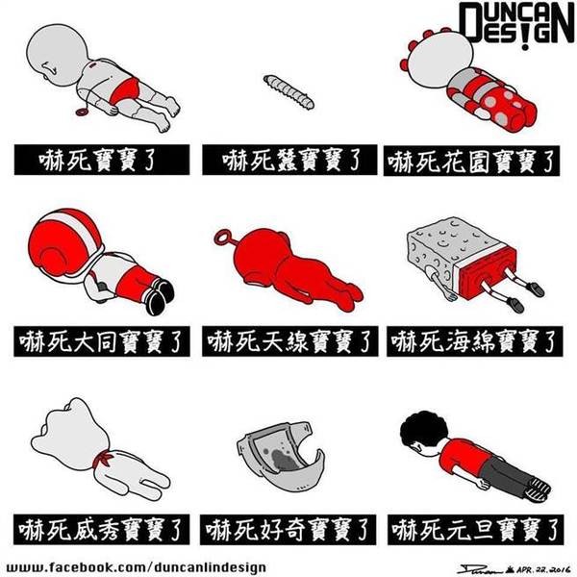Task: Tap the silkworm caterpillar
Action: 289,92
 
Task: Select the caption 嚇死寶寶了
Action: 102,160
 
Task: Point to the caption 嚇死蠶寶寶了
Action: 289,160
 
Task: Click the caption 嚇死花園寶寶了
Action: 472,161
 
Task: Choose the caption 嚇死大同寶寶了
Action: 102,341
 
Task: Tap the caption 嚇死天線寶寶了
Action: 289,341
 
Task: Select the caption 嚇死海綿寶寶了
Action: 475,341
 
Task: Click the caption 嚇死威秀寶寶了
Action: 102,530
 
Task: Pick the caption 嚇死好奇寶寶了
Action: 288,530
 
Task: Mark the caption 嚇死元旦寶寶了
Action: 475,530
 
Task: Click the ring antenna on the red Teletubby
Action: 222,238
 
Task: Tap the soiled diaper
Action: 281,456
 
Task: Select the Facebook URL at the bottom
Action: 137,567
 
